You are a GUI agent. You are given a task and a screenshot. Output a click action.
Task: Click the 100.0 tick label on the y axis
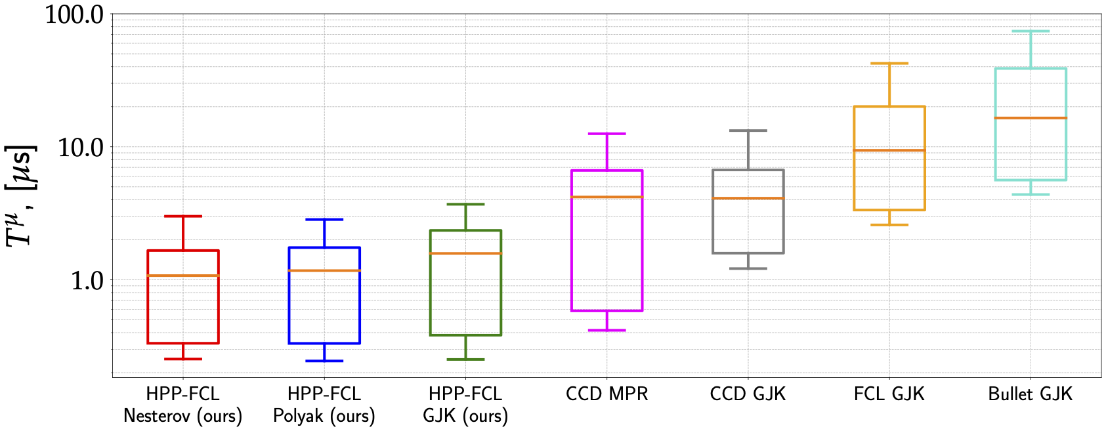(x=74, y=14)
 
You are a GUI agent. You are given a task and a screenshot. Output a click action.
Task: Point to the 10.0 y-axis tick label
(x=80, y=148)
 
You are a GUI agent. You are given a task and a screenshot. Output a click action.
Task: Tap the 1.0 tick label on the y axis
(x=87, y=281)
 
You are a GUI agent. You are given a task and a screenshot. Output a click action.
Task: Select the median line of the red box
(x=182, y=276)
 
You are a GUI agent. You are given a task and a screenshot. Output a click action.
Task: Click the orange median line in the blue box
(x=324, y=270)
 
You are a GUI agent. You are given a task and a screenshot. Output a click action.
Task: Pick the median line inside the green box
(x=465, y=253)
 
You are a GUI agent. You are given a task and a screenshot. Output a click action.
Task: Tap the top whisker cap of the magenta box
(x=606, y=134)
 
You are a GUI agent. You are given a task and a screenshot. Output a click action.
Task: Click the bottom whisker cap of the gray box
(x=748, y=268)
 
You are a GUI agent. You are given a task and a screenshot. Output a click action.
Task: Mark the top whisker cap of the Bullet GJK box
(x=1031, y=31)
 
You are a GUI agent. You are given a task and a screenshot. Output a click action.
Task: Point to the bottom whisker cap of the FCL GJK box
(x=889, y=225)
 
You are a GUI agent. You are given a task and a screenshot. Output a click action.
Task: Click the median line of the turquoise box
(x=1031, y=118)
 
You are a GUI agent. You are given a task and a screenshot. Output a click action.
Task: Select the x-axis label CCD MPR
(x=606, y=394)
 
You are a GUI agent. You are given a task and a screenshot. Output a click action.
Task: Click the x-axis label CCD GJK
(x=748, y=394)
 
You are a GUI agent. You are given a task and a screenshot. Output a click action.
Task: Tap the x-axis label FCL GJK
(x=889, y=394)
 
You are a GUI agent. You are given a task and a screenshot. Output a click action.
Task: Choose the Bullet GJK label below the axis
(x=1031, y=394)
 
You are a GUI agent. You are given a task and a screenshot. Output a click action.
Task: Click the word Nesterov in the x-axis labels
(x=156, y=416)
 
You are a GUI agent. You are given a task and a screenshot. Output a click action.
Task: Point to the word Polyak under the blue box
(x=299, y=416)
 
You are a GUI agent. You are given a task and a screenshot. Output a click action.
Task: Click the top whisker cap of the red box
(x=182, y=216)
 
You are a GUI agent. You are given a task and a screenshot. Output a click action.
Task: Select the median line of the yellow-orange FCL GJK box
(x=889, y=150)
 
